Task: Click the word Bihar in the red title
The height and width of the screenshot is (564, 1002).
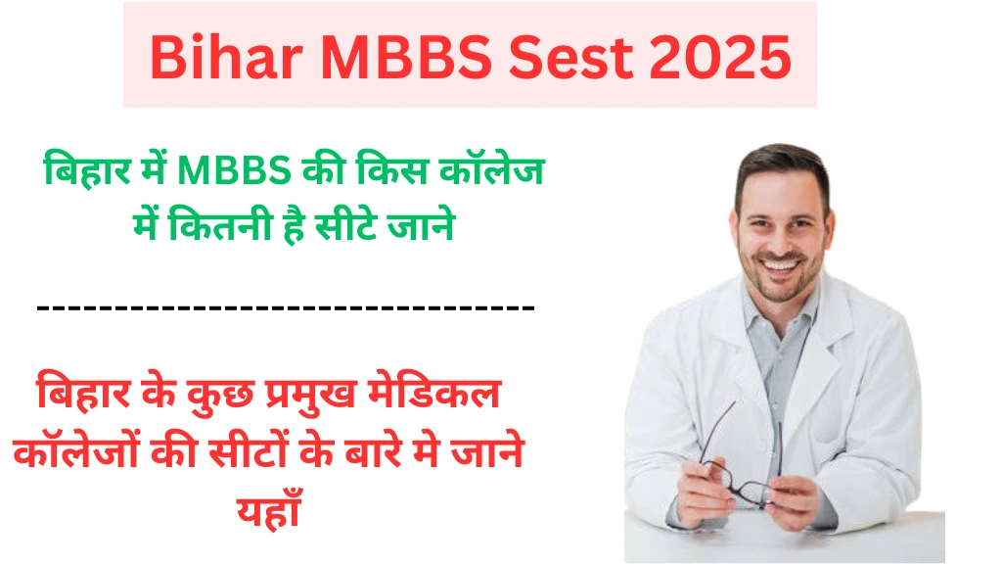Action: (x=226, y=58)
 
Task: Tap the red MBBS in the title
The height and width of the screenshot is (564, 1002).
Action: (x=406, y=58)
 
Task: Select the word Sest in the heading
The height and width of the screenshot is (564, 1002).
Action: (x=570, y=58)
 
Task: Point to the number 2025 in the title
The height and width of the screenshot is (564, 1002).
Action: (x=721, y=58)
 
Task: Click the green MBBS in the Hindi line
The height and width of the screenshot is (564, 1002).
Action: (x=234, y=171)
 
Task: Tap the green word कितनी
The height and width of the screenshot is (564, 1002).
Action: (x=220, y=225)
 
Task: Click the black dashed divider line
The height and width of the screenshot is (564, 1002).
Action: (x=286, y=308)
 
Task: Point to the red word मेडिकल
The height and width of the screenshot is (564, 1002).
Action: (x=433, y=392)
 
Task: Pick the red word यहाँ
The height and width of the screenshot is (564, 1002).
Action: (x=269, y=508)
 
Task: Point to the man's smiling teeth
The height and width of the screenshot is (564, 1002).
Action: (x=778, y=263)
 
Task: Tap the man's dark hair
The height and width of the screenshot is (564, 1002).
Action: (x=781, y=167)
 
